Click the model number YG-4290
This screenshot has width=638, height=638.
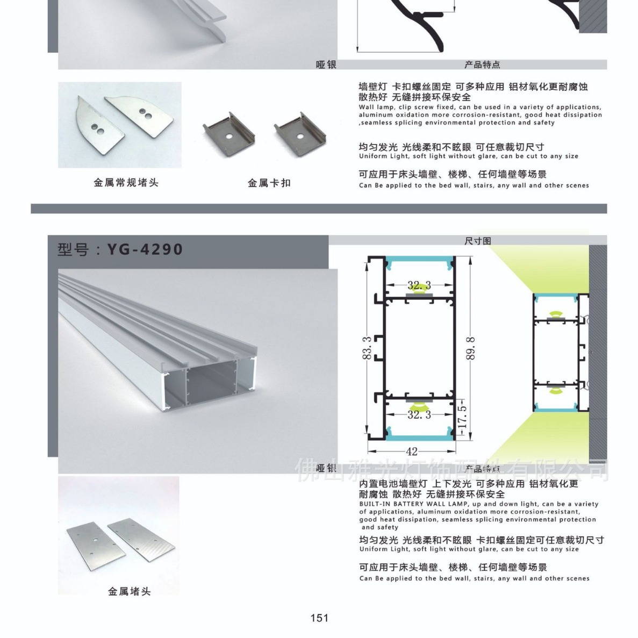click(x=145, y=250)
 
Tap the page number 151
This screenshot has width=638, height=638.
click(x=319, y=618)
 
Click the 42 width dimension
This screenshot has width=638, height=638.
click(x=412, y=451)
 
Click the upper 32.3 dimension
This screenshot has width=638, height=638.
click(x=419, y=285)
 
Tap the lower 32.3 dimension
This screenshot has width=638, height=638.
click(x=419, y=414)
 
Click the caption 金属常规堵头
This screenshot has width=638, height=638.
click(x=126, y=183)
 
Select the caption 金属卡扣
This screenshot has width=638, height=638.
click(x=269, y=183)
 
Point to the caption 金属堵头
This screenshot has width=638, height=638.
click(x=130, y=592)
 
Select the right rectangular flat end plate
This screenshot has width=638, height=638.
click(x=142, y=537)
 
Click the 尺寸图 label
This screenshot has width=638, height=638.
click(x=477, y=241)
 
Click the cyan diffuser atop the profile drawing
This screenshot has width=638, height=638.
click(x=419, y=263)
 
